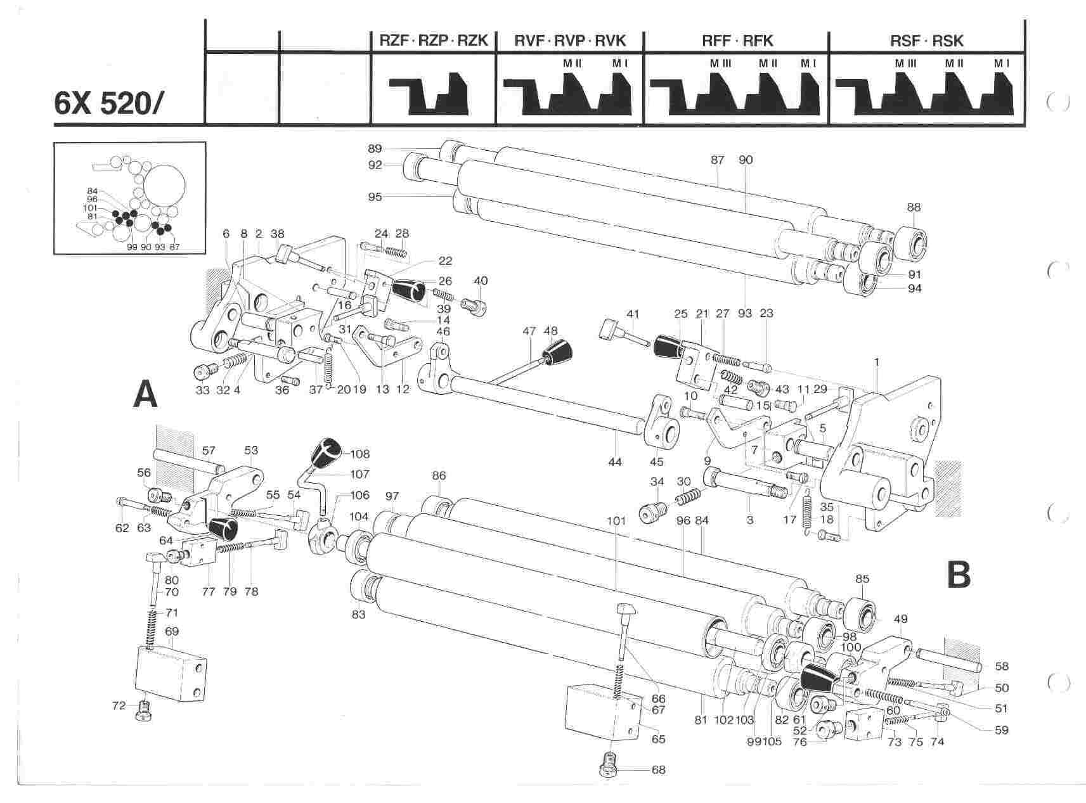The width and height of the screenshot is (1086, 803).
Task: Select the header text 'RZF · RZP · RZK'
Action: [433, 41]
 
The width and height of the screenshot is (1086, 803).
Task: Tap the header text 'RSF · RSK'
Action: [926, 41]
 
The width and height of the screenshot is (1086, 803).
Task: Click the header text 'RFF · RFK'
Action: [736, 41]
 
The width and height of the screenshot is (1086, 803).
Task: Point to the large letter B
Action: [958, 575]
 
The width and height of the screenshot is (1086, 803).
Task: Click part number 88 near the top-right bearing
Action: [914, 207]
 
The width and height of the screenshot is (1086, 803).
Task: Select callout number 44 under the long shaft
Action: [615, 462]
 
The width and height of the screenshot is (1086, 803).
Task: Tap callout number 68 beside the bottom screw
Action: [659, 770]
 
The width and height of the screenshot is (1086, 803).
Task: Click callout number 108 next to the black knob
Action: [360, 454]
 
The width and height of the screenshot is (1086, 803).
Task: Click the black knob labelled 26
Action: [409, 292]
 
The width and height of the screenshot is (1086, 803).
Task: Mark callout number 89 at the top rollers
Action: [374, 149]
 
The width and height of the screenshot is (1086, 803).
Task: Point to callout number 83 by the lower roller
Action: [359, 615]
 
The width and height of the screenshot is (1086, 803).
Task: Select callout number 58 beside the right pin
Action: [1001, 667]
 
